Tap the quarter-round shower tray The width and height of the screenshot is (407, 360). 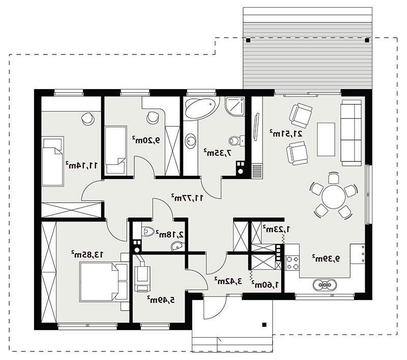pyautogui.click(x=235, y=106)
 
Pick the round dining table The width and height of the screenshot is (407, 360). pyautogui.click(x=334, y=197)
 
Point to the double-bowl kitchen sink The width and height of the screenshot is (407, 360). pyautogui.click(x=325, y=285)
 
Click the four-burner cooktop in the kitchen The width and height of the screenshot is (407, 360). pyautogui.click(x=292, y=263)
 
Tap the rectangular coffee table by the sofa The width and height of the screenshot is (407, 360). pyautogui.click(x=326, y=139)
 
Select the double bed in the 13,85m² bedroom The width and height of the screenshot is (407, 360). pyautogui.click(x=104, y=282)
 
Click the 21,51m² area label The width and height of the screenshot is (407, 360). pyautogui.click(x=286, y=133)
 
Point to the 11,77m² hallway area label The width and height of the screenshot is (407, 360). pyautogui.click(x=187, y=198)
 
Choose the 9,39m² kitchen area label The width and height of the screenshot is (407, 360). pyautogui.click(x=326, y=259)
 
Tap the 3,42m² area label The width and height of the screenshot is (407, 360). pyautogui.click(x=228, y=281)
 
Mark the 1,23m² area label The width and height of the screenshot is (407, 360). pyautogui.click(x=276, y=229)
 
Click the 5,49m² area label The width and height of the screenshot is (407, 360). pyautogui.click(x=161, y=300)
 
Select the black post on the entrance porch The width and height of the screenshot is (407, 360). pyautogui.click(x=264, y=324)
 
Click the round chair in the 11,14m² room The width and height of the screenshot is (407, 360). pyautogui.click(x=88, y=119)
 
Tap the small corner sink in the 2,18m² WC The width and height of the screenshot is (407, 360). pyautogui.click(x=178, y=245)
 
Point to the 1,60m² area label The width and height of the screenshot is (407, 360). pyautogui.click(x=265, y=285)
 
